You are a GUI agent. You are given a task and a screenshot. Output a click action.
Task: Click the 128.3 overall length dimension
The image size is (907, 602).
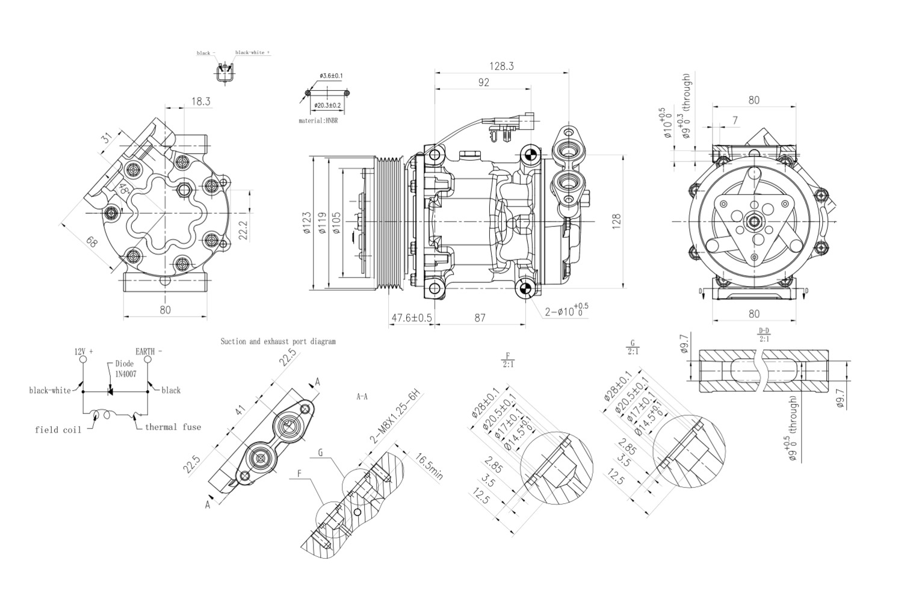501,66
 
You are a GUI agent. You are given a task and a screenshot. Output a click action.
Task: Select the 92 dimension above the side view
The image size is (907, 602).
483,83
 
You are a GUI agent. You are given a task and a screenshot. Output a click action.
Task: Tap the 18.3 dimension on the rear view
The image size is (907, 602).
200,102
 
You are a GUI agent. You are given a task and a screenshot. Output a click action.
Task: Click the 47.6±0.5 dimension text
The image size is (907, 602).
412,318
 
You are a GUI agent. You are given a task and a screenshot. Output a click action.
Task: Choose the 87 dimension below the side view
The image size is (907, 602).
480,318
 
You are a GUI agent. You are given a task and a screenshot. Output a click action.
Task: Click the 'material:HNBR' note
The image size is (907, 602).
318,121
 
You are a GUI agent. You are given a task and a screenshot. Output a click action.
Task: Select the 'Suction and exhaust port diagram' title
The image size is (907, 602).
278,341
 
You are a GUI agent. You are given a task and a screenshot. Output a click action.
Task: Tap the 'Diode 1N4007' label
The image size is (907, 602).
125,368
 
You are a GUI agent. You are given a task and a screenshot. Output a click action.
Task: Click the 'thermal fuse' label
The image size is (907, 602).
173,427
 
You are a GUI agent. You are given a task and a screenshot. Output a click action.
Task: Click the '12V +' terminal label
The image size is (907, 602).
84,351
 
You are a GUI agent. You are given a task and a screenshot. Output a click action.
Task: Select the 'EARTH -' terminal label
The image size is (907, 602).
149,351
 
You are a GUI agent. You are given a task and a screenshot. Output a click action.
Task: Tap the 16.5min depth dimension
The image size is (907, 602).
429,466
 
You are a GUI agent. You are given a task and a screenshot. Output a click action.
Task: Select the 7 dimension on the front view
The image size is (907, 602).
735,120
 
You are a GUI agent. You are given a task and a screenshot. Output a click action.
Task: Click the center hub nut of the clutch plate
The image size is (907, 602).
753,222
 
